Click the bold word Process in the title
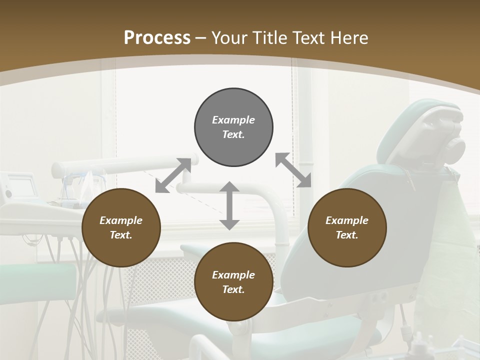point(157,38)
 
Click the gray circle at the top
point(233,127)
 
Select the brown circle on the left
point(121,227)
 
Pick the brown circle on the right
point(347,227)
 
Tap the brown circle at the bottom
point(233,281)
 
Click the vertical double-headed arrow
point(229,205)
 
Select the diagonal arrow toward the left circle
point(173,175)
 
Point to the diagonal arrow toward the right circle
point(293,170)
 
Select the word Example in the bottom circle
point(233,274)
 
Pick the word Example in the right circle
point(347,220)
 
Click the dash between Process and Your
point(201,38)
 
